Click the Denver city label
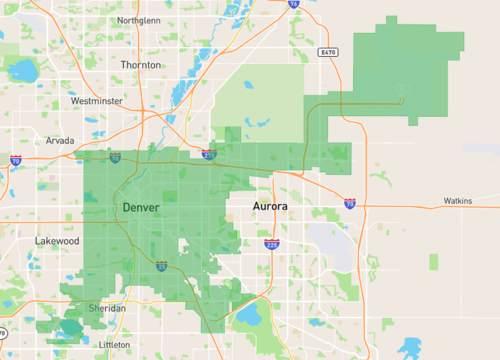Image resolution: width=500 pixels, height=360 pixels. point(140,206)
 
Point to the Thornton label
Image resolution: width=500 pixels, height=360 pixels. point(140,64)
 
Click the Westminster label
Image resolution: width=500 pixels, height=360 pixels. point(96,101)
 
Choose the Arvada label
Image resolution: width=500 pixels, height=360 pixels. point(60,141)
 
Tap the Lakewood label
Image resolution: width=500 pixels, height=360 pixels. point(57,241)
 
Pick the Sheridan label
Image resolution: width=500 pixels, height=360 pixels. point(108,309)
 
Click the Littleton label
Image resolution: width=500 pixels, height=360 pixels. point(114,344)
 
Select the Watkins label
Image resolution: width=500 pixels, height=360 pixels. point(458,201)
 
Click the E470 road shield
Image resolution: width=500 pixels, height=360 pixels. point(330,51)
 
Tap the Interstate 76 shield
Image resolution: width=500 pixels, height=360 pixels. point(293,4)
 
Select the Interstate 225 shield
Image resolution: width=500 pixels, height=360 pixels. point(272,243)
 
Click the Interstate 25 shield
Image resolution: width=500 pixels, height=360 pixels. point(161,265)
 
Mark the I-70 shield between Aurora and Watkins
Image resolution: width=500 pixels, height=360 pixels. point(349,202)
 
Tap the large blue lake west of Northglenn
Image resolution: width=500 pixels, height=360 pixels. point(22,69)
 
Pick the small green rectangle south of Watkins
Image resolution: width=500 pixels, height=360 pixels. point(434,262)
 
